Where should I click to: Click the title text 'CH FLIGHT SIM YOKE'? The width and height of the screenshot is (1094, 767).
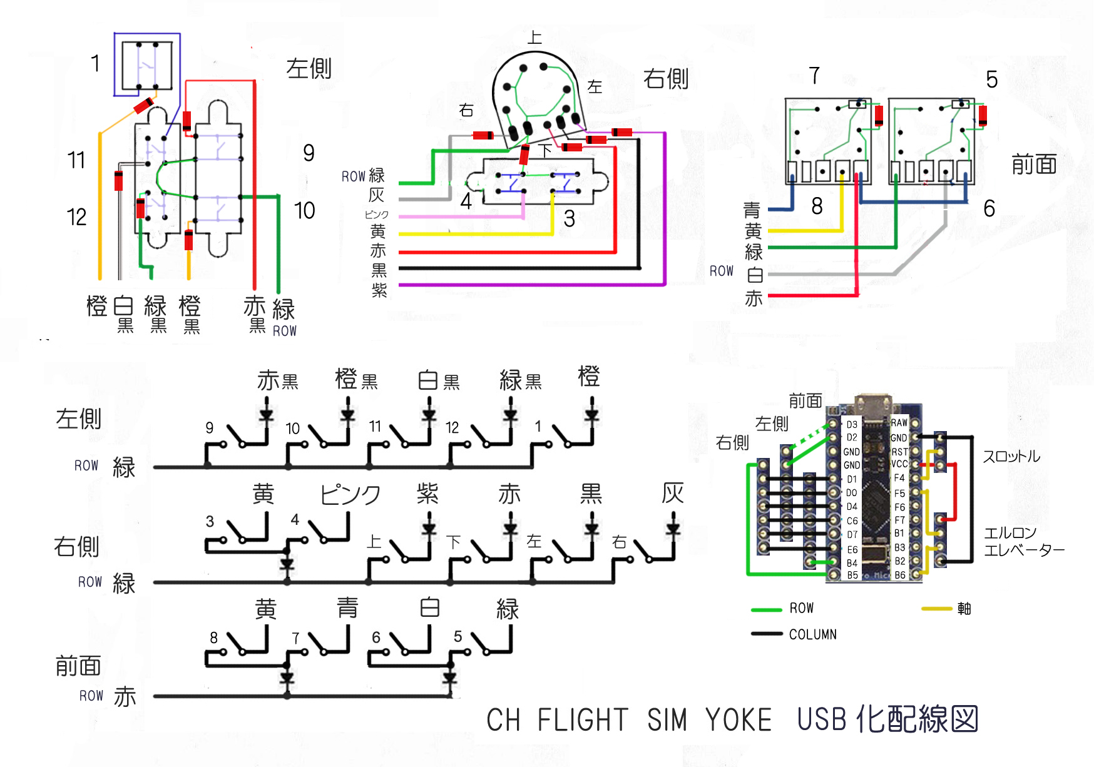(x=628, y=719)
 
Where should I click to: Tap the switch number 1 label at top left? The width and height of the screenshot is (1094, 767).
(x=95, y=63)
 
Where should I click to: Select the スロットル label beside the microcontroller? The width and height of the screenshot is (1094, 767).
(x=1011, y=457)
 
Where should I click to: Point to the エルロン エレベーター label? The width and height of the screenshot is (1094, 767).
(x=1023, y=542)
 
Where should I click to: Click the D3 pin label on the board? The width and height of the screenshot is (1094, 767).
(x=852, y=424)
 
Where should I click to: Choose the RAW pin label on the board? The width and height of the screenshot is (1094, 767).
(x=899, y=423)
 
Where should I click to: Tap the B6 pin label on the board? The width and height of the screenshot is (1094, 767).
(x=900, y=575)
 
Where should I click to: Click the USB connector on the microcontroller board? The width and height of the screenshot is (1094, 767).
(x=873, y=402)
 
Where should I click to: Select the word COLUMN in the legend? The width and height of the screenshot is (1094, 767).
(x=812, y=634)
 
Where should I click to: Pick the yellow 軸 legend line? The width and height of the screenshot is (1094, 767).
(x=936, y=608)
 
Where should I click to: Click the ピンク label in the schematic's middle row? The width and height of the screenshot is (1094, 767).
(x=350, y=495)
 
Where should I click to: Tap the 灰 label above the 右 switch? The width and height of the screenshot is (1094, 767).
(x=673, y=493)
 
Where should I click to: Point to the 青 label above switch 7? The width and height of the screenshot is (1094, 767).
(x=347, y=607)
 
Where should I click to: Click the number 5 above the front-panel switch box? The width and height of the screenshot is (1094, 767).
(x=991, y=79)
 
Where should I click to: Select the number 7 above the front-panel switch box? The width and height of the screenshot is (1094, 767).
(x=814, y=76)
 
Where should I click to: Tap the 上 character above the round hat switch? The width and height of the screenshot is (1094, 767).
(x=534, y=38)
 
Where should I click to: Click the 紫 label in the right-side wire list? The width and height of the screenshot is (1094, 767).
(x=379, y=290)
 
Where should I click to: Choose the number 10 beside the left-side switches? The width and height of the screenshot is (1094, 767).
(x=304, y=211)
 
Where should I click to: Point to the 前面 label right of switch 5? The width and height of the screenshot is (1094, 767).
(x=1034, y=165)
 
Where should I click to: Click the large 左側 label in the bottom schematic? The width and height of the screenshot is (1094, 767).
(x=79, y=419)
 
